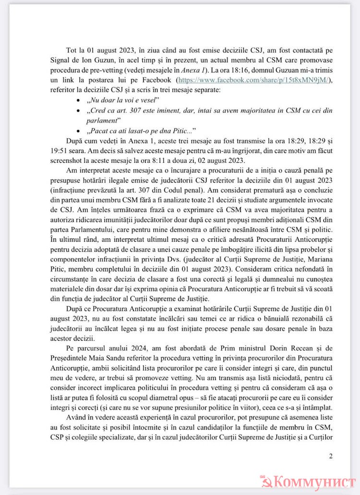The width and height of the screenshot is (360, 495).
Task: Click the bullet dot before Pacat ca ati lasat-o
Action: tap(79, 131)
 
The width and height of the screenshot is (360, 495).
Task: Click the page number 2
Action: tap(331, 456)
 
